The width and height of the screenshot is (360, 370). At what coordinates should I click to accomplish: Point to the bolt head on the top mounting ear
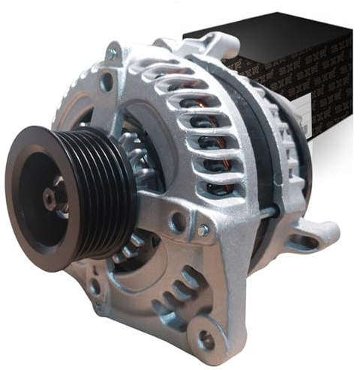coord(112,53)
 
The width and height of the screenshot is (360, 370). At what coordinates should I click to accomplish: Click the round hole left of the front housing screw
coord(178,222)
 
